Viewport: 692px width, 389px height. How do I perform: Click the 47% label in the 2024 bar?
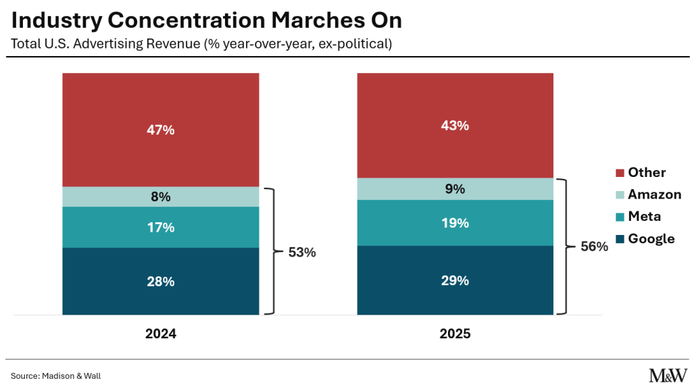[161, 130]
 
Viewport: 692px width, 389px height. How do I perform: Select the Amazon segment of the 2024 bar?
[161, 197]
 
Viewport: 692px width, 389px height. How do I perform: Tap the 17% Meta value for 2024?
[161, 228]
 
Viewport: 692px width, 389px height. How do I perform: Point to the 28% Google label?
[161, 282]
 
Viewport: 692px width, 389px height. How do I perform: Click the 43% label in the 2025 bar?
[455, 126]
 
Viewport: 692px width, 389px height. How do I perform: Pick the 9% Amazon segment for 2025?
[455, 189]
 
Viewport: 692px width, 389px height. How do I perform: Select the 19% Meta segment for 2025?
[455, 223]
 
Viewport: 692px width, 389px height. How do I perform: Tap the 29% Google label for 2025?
[455, 280]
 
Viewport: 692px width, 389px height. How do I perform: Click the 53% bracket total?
[302, 253]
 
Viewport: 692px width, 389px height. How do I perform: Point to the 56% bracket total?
[595, 246]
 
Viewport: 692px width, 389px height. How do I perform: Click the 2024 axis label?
[161, 334]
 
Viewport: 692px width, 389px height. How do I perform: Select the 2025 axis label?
[455, 334]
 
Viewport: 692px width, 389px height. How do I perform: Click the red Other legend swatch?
[620, 173]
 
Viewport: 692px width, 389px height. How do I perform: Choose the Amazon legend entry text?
[654, 194]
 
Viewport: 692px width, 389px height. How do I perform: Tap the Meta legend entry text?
[644, 217]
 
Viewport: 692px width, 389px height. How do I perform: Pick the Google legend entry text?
[651, 239]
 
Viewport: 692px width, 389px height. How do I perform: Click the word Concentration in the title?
[187, 20]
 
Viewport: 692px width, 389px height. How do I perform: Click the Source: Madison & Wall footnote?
[56, 376]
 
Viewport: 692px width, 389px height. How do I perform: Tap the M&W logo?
[668, 375]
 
